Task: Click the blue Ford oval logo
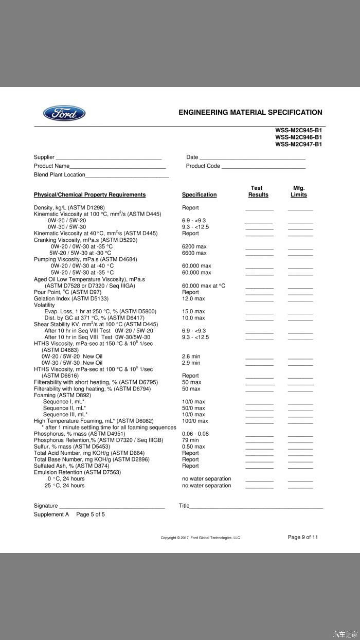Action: click(x=64, y=113)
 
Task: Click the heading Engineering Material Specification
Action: click(x=250, y=112)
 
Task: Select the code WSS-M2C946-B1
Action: click(x=298, y=137)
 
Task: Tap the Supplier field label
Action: click(x=44, y=157)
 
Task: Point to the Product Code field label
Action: click(x=203, y=166)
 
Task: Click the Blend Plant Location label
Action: click(x=59, y=175)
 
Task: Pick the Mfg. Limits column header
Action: click(x=298, y=191)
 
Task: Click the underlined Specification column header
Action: click(x=199, y=195)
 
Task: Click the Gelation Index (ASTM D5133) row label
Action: click(x=71, y=298)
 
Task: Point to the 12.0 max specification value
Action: click(x=193, y=298)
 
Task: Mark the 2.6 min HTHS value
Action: click(x=191, y=357)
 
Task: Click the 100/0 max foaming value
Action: click(x=195, y=421)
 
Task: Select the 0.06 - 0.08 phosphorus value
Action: click(x=195, y=434)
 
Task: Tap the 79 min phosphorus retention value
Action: click(x=190, y=440)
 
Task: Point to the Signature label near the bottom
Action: click(x=46, y=506)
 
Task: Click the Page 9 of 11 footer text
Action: click(x=302, y=537)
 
